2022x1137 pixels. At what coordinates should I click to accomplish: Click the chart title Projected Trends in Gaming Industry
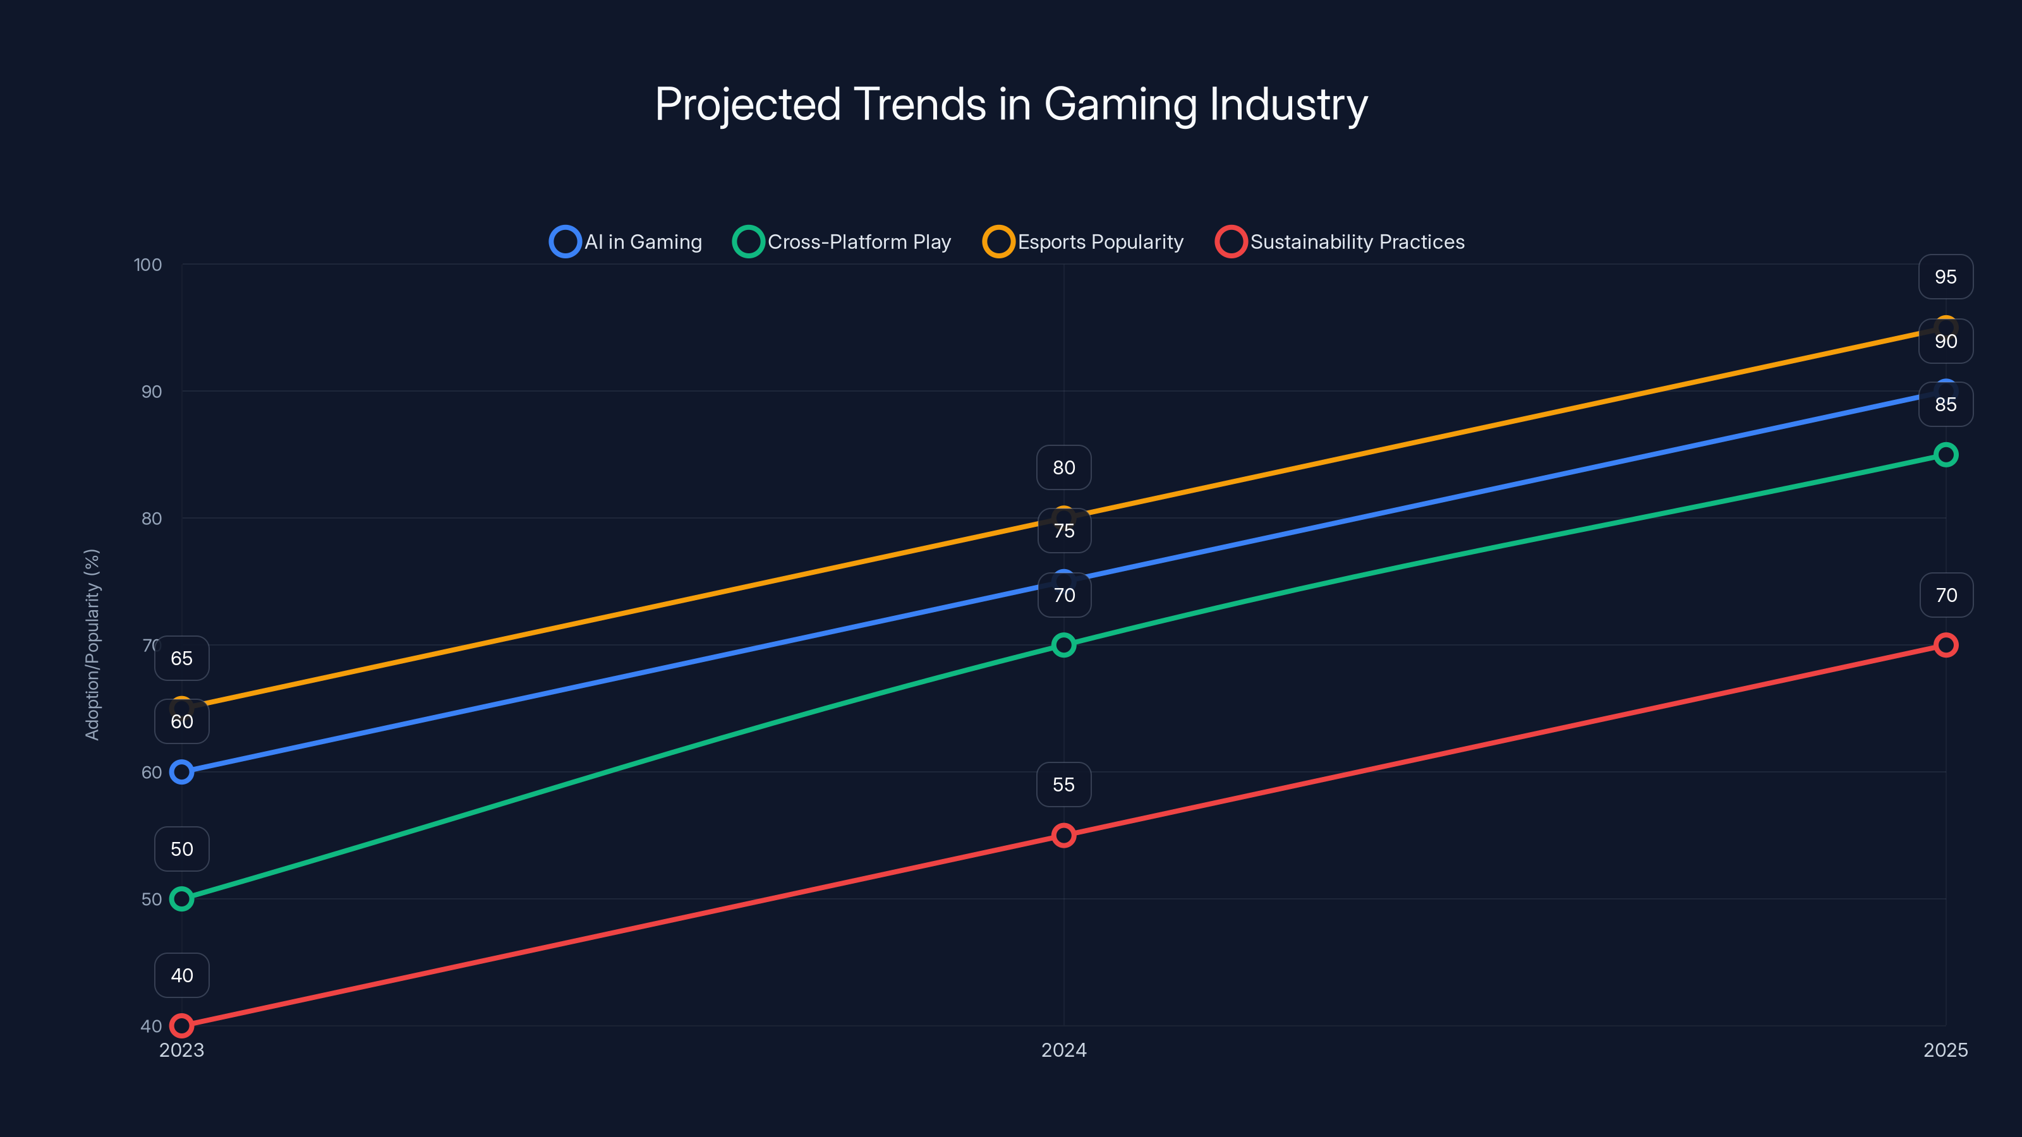pyautogui.click(x=1011, y=104)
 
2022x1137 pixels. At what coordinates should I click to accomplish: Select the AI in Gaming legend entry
pyautogui.click(x=626, y=242)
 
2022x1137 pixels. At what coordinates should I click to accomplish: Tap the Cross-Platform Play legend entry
pyautogui.click(x=842, y=242)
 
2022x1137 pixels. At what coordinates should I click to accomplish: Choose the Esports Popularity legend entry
pyautogui.click(x=1083, y=242)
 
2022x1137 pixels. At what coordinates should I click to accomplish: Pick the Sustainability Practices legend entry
pyautogui.click(x=1340, y=242)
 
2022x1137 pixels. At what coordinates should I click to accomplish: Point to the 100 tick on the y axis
pyautogui.click(x=148, y=265)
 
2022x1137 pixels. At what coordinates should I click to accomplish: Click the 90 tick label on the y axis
pyautogui.click(x=152, y=392)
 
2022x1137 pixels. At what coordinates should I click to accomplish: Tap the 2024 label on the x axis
pyautogui.click(x=1063, y=1050)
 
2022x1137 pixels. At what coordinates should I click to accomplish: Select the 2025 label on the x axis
pyautogui.click(x=1945, y=1050)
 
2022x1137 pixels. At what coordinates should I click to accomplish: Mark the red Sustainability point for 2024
pyautogui.click(x=1063, y=835)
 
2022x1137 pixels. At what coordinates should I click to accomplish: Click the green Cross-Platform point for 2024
pyautogui.click(x=1063, y=645)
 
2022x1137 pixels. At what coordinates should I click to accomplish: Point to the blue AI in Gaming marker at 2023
pyautogui.click(x=181, y=772)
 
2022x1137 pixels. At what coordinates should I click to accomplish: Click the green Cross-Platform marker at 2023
pyautogui.click(x=181, y=898)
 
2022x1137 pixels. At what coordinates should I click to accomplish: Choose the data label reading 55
pyautogui.click(x=1063, y=785)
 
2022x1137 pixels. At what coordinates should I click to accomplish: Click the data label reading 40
pyautogui.click(x=181, y=975)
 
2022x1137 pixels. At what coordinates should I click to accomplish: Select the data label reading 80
pyautogui.click(x=1063, y=467)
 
